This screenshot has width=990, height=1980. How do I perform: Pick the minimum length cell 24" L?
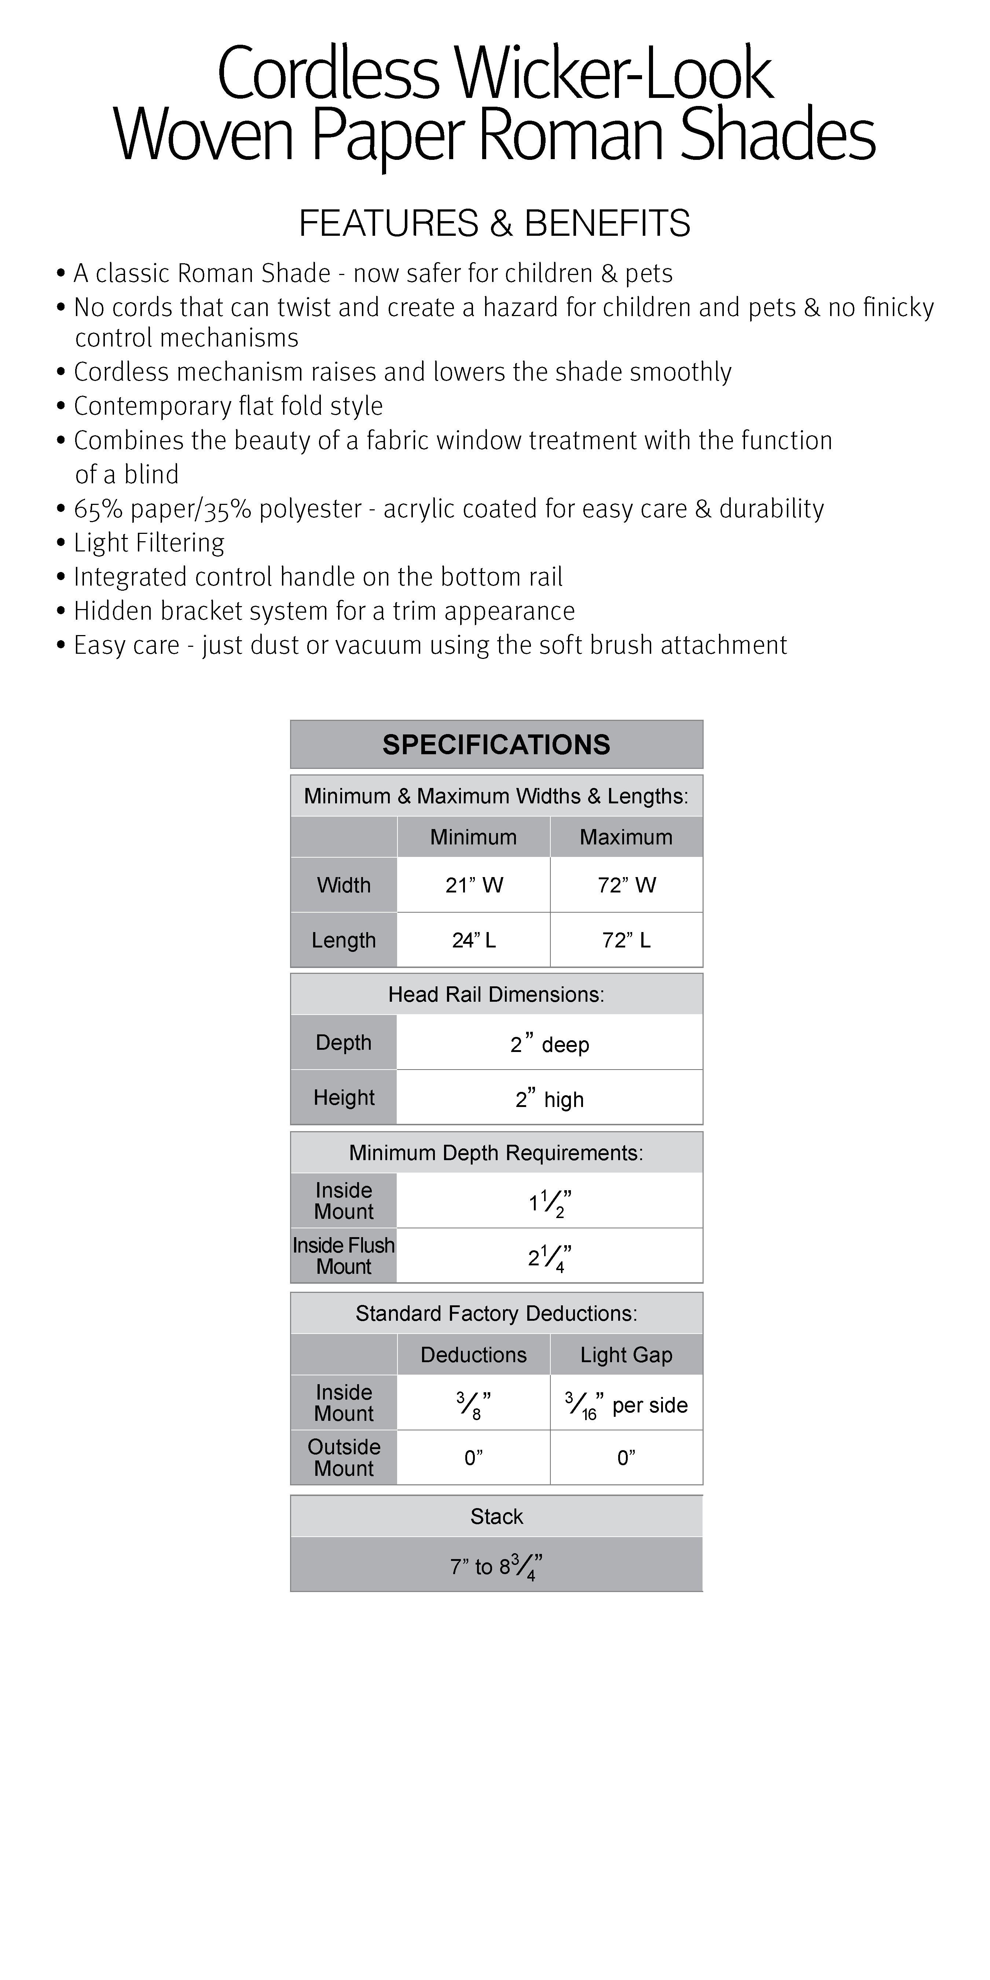(x=473, y=940)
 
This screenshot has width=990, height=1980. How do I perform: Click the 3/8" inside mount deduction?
(x=473, y=1404)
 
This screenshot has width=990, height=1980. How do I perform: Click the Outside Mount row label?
(x=344, y=1457)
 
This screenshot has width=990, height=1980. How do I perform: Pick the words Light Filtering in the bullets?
(x=149, y=543)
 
